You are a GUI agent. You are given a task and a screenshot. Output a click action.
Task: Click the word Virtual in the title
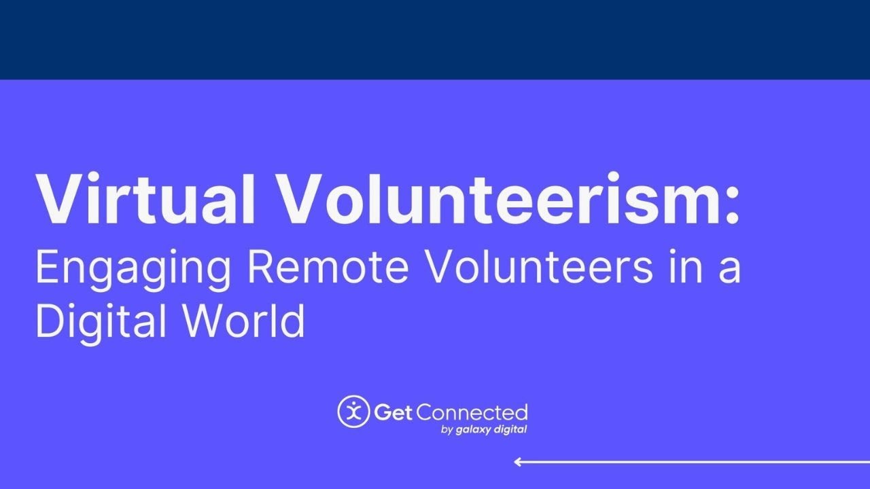click(145, 198)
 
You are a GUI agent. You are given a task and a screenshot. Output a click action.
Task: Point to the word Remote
click(328, 268)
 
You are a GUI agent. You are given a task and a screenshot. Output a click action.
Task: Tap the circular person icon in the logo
click(353, 412)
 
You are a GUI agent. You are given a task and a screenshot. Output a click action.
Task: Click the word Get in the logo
click(393, 412)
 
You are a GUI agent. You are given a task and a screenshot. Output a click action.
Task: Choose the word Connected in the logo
click(472, 412)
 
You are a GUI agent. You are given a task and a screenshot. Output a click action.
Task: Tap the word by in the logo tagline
click(447, 430)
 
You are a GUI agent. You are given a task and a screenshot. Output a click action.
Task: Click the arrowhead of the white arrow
click(517, 462)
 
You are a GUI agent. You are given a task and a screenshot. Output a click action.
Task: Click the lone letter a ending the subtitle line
click(729, 271)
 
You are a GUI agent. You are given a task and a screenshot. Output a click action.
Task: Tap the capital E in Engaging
click(47, 268)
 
